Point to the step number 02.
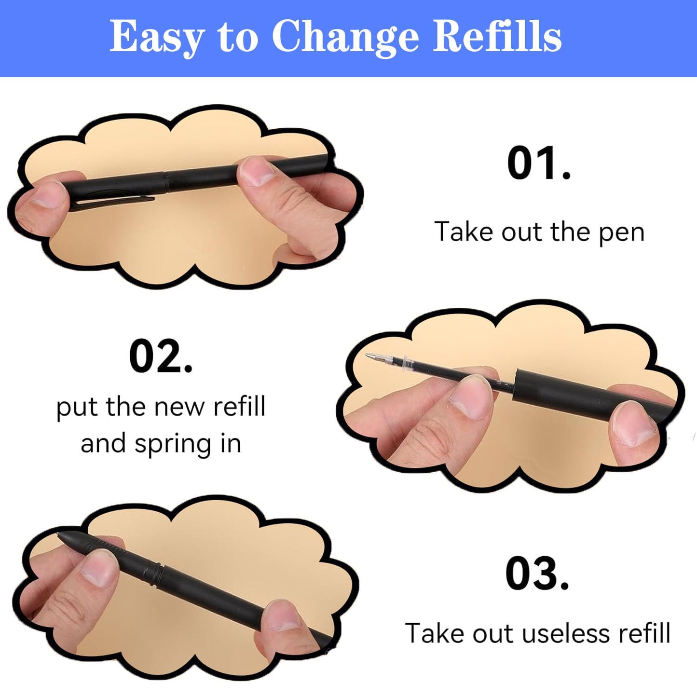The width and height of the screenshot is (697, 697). [x=161, y=357]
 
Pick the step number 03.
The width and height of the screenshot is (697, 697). [x=537, y=574]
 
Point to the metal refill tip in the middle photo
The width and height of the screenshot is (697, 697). [x=374, y=357]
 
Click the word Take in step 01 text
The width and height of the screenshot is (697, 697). [x=464, y=232]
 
